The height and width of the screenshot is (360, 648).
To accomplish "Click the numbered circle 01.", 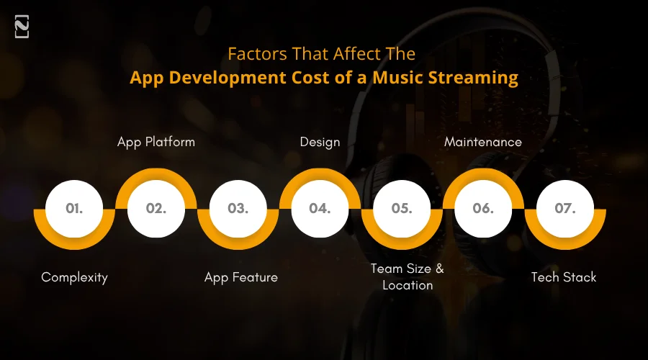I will (74, 209).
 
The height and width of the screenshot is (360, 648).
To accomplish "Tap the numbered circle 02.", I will (156, 209).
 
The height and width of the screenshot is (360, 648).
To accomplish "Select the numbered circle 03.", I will (238, 209).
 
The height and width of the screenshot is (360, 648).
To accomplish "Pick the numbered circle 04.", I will (320, 209).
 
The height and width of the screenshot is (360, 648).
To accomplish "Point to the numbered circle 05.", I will (401, 209).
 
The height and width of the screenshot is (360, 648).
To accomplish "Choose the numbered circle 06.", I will (483, 209).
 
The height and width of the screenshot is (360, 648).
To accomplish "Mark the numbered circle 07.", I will (565, 209).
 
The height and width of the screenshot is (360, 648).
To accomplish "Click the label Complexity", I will (74, 277).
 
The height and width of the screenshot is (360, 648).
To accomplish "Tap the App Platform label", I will (156, 142).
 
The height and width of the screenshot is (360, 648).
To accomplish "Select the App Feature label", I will (240, 277).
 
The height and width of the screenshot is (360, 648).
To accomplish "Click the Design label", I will (320, 142).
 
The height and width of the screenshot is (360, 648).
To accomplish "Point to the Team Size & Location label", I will (408, 276).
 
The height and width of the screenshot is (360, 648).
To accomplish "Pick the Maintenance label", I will (483, 142).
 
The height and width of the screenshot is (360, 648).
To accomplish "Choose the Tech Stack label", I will (564, 277).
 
